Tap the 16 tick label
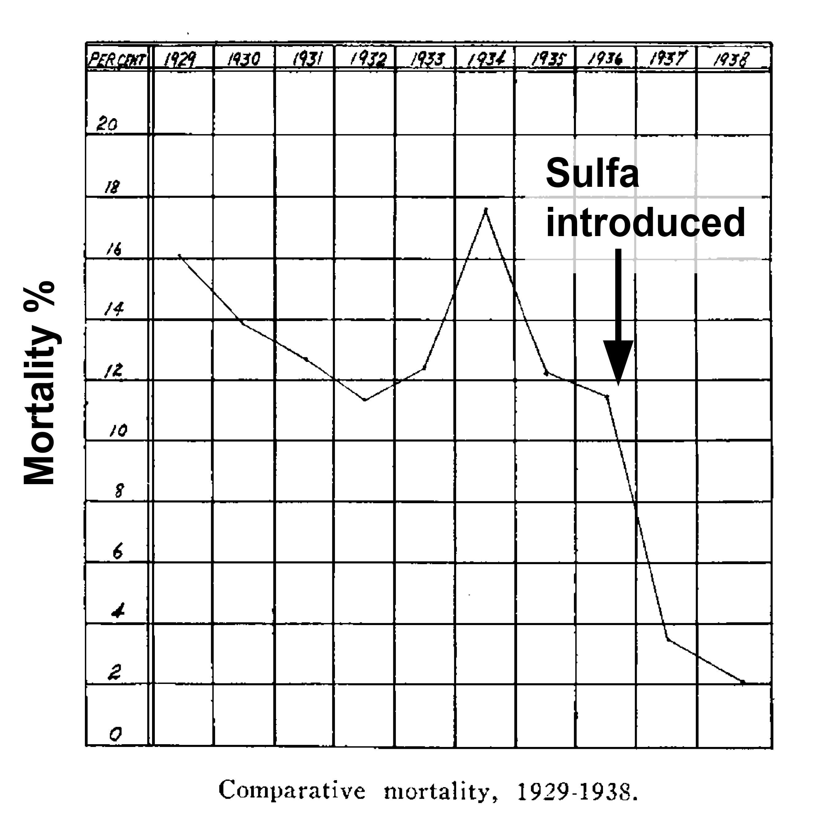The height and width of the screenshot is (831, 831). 114,249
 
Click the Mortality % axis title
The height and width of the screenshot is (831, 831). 40,383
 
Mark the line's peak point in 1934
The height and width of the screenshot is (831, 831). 486,209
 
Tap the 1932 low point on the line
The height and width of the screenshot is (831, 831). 365,400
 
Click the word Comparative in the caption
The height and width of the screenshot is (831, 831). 292,790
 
